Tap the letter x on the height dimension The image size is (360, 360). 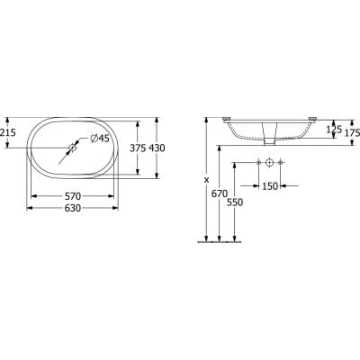pos(205,178)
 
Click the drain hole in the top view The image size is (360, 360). pos(74,148)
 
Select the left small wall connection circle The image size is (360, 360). pos(257,163)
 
